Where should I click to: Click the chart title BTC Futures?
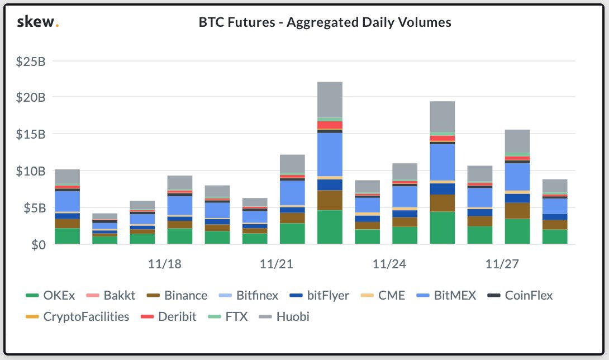click(325, 23)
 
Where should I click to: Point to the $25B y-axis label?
click(31, 61)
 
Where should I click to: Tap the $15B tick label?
click(31, 134)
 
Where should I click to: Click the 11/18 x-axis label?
click(165, 264)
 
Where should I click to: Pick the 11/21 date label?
click(277, 264)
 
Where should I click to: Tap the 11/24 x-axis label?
click(389, 264)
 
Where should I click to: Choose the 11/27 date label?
click(502, 264)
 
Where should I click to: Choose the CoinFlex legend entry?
click(521, 296)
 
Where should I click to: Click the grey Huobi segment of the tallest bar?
click(330, 100)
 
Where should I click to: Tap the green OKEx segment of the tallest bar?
click(330, 227)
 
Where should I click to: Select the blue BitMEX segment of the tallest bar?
click(330, 154)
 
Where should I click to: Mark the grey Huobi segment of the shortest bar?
click(105, 216)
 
